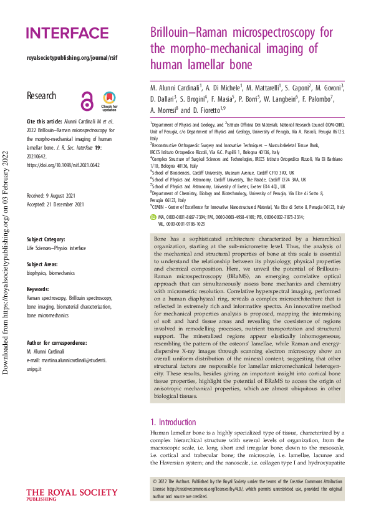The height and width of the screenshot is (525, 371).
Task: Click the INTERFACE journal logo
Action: [67, 33]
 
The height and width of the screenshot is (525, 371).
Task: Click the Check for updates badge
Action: [109, 99]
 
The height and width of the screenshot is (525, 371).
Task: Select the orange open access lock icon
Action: [87, 100]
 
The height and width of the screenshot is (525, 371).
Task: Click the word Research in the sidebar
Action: [41, 96]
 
